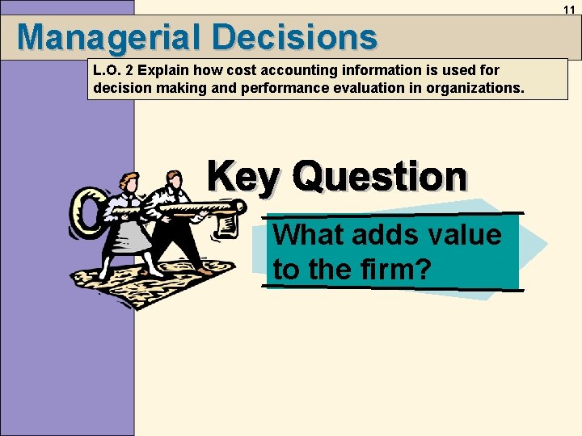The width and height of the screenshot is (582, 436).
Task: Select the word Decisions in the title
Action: pyautogui.click(x=296, y=37)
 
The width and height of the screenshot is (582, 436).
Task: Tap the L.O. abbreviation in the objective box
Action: pyautogui.click(x=107, y=71)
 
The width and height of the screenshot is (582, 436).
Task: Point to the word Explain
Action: pyautogui.click(x=164, y=71)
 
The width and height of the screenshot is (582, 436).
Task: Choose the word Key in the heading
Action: pyautogui.click(x=242, y=177)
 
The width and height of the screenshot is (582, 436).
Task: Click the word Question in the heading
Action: pyautogui.click(x=380, y=177)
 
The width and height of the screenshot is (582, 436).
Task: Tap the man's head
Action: pyautogui.click(x=172, y=178)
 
